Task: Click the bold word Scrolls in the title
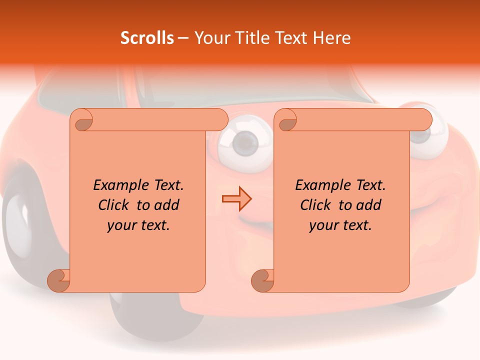point(147,38)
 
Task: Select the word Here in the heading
point(332,38)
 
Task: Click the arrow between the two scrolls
point(236,198)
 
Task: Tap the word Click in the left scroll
point(115,205)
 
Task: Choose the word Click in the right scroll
point(317,205)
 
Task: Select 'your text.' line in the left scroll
point(138,225)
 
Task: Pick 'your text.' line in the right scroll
point(340,225)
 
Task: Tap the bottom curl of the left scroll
point(58,280)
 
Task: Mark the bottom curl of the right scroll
point(262,280)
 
